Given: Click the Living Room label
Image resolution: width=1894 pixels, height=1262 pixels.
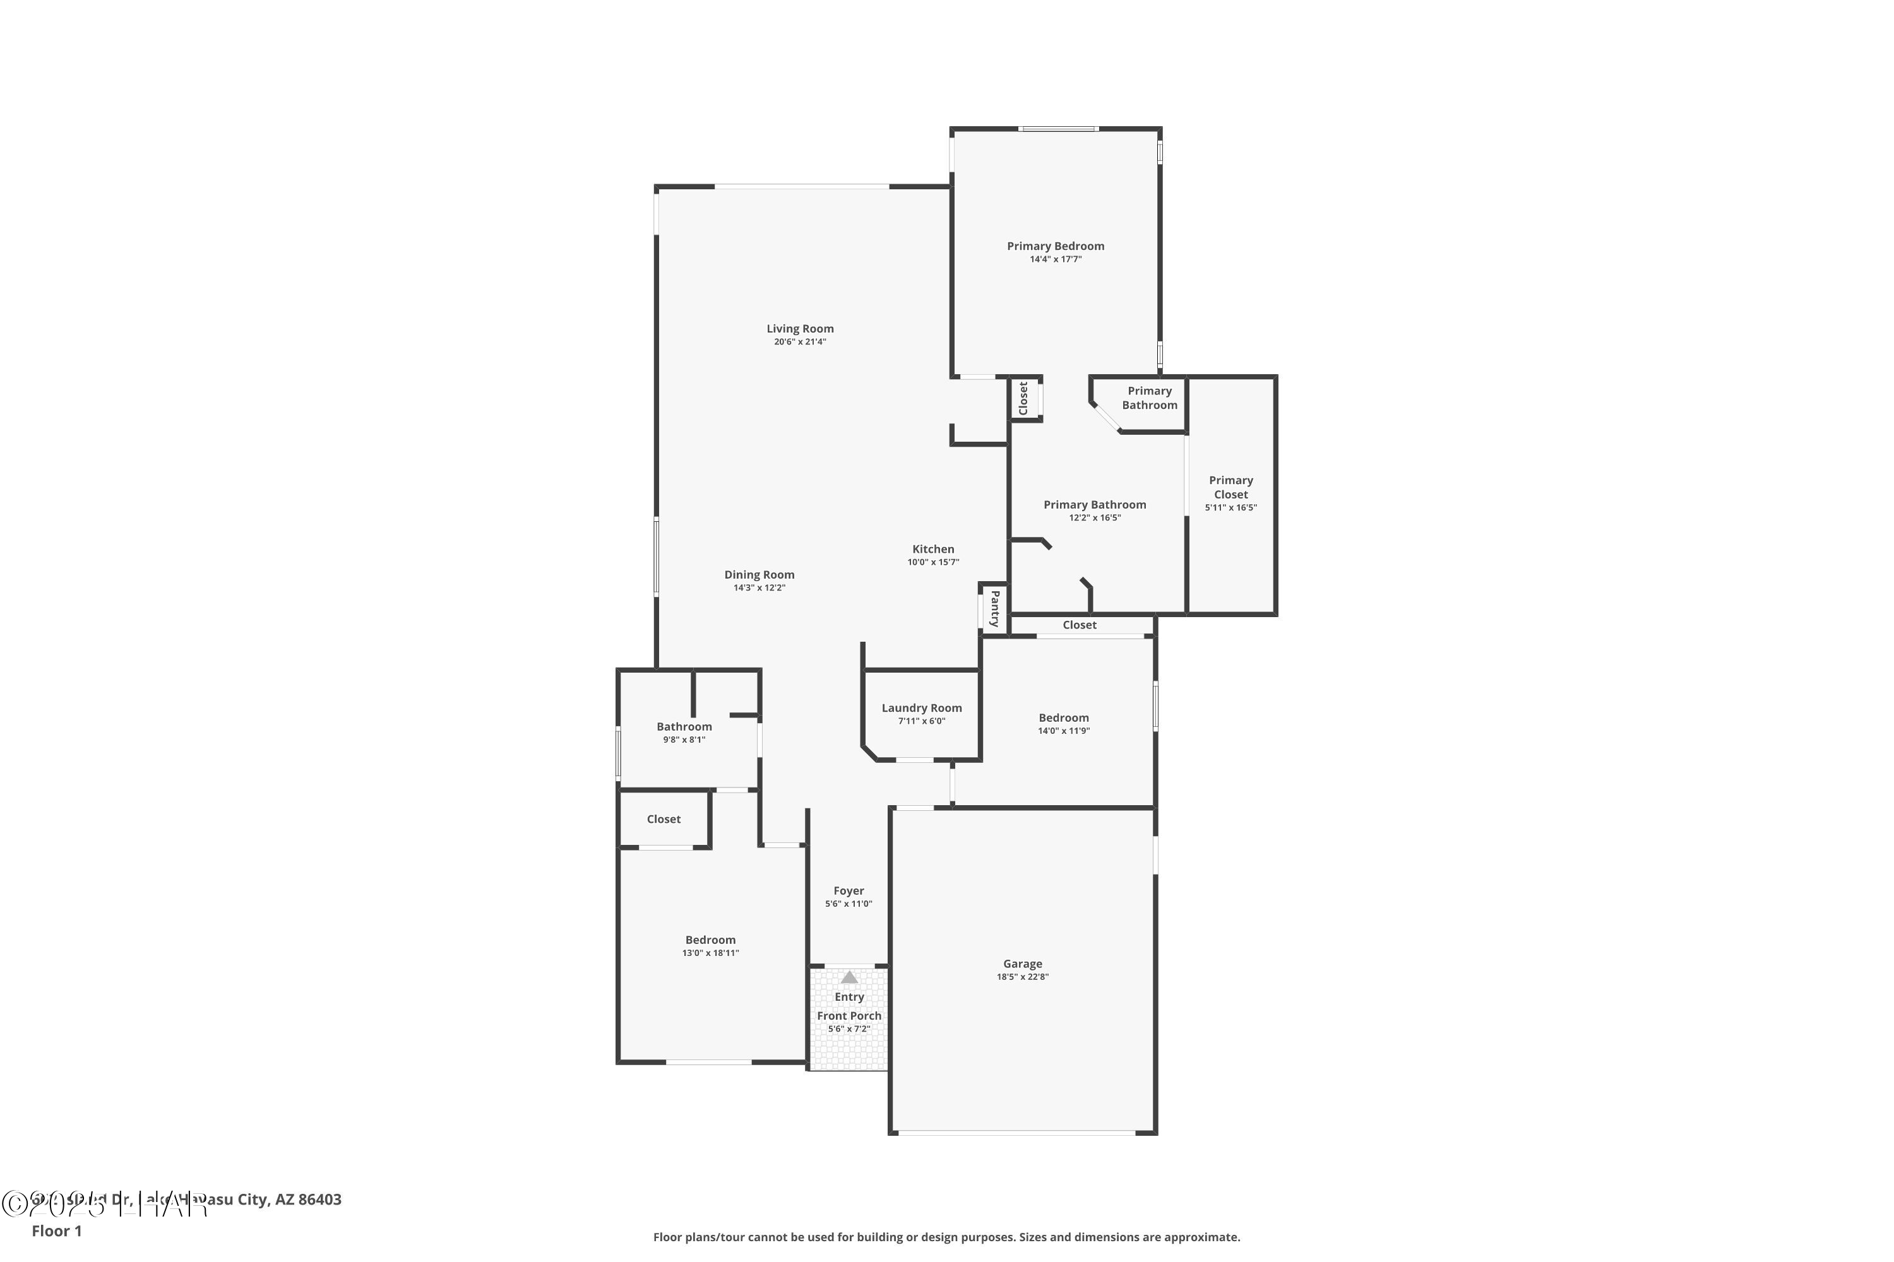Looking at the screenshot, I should tap(800, 328).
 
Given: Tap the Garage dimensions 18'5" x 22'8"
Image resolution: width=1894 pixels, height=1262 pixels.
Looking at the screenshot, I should tap(1023, 977).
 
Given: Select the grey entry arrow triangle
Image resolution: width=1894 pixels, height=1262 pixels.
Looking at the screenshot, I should tap(849, 977).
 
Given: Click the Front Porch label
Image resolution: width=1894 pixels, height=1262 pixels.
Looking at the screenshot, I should tap(849, 1016).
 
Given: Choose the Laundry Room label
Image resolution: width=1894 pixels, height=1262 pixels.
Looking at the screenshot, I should tap(921, 708).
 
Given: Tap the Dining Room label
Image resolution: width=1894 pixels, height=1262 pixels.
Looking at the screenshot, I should tap(759, 575).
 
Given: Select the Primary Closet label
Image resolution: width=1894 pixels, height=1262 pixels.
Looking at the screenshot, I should tap(1230, 487).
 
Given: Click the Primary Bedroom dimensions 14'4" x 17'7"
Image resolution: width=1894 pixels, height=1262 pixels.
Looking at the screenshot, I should tap(1055, 259).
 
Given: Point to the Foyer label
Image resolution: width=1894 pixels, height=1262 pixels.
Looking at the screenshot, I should tap(849, 891).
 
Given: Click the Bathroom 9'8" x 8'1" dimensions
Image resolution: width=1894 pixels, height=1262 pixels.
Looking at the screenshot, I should tap(684, 740).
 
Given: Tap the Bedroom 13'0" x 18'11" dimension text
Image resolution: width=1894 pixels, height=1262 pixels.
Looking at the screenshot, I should tap(710, 953).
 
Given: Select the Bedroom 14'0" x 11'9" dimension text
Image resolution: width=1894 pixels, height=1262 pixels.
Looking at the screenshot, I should tap(1064, 731).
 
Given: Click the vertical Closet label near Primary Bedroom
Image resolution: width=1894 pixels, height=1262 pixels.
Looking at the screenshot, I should tap(1023, 398).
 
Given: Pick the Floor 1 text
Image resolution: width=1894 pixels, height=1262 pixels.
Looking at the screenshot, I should tap(56, 1230).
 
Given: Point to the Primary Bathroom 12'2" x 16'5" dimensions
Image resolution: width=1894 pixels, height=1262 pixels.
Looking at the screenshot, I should tap(1094, 517).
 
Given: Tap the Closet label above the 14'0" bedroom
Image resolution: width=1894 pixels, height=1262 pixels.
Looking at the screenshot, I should tap(1079, 625).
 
